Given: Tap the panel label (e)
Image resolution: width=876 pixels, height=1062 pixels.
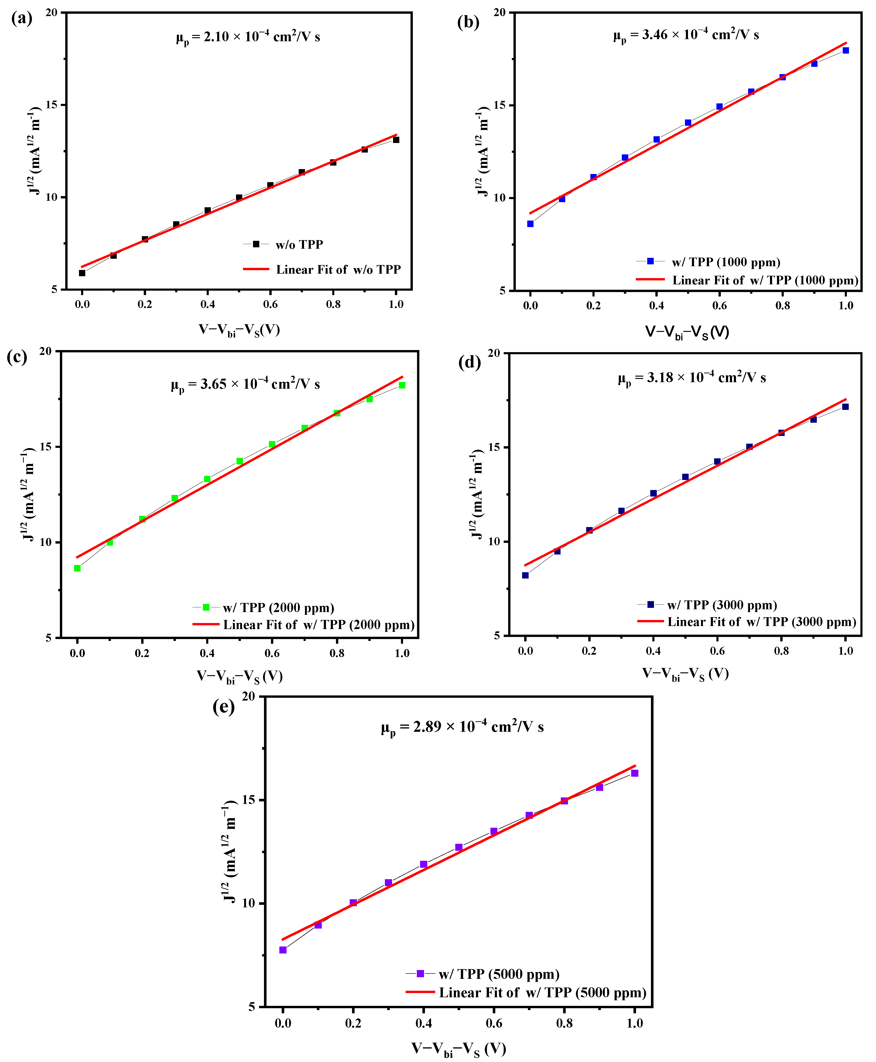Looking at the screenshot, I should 223,707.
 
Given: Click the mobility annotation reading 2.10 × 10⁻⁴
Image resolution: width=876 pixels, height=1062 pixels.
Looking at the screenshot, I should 248,37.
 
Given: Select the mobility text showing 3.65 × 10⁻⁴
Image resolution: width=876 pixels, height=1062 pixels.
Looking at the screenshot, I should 245,385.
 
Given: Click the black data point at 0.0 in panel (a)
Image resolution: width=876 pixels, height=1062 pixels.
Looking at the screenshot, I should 82,273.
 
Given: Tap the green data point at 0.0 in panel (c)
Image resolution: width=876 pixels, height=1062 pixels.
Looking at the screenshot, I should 77,568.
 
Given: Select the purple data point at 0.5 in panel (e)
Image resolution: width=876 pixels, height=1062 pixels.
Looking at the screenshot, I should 459,847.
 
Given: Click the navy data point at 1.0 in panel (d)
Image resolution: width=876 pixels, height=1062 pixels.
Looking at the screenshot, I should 845,407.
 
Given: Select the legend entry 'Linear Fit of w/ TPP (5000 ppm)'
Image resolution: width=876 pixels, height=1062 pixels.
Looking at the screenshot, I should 542,993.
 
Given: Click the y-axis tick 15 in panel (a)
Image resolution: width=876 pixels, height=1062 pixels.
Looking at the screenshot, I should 51,105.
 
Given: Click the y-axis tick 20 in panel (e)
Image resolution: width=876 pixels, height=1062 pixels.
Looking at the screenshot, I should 248,697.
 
